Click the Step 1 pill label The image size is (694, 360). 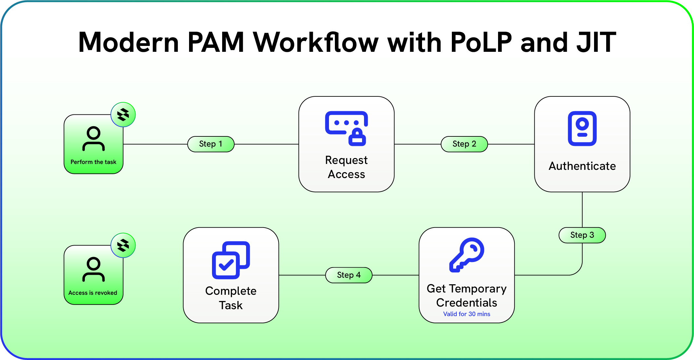211,144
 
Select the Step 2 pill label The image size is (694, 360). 464,144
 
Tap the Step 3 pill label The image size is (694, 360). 582,235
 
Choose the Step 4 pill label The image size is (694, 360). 349,275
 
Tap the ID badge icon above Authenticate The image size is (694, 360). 582,129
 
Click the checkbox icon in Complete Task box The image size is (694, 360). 231,260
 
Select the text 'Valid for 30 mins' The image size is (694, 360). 467,314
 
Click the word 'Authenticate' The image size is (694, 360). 582,166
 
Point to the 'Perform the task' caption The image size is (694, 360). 93,162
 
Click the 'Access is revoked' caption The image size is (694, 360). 93,293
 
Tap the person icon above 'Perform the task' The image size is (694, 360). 93,139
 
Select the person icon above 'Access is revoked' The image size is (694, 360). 93,270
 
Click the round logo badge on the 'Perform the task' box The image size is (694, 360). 123,115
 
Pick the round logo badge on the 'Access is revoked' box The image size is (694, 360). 123,245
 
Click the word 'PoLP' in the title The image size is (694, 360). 481,43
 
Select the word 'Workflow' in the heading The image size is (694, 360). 316,43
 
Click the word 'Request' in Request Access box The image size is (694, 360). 346,160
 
